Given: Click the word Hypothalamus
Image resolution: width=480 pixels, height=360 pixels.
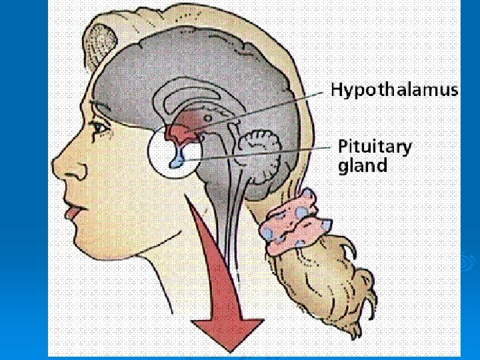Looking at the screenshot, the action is (x=395, y=90).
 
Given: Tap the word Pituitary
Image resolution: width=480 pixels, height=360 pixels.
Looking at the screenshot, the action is (x=375, y=147).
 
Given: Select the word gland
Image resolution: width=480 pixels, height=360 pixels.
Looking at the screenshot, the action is (x=363, y=165).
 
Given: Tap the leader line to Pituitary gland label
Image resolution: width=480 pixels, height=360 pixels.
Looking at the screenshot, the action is (x=267, y=153).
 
